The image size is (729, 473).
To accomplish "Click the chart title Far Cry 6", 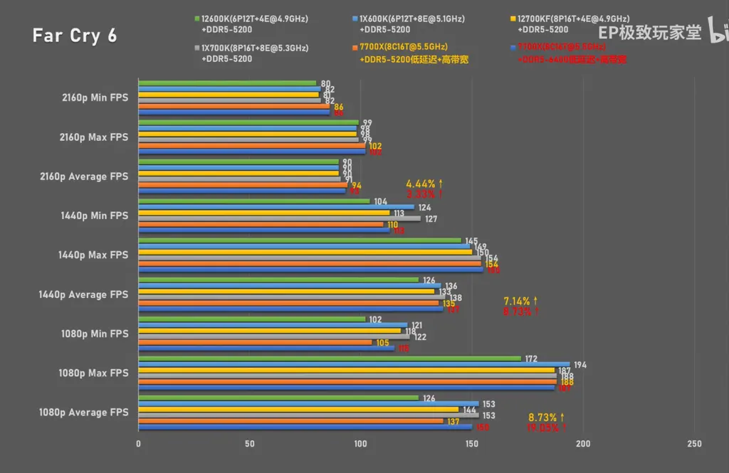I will click(x=74, y=36).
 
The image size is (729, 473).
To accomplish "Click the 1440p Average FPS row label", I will click(x=83, y=294).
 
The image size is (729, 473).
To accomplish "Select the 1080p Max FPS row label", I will click(x=94, y=373).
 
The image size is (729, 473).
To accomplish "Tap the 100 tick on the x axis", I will click(x=360, y=444).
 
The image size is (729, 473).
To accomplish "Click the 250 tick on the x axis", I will click(x=694, y=444).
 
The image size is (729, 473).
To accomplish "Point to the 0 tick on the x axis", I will click(x=138, y=444).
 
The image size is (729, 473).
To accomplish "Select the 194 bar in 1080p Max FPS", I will click(x=354, y=364).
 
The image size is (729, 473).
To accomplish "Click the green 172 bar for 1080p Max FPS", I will click(x=330, y=358).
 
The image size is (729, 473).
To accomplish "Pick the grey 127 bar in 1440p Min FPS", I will click(x=279, y=218).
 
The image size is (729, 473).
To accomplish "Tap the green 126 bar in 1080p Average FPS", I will click(x=278, y=398).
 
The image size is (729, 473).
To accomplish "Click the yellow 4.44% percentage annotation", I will click(x=424, y=184).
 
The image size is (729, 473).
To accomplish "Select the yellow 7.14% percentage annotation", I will click(x=520, y=301).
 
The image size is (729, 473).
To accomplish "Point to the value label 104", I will click(x=380, y=201).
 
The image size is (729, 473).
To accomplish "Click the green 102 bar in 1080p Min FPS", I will click(x=251, y=319).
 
